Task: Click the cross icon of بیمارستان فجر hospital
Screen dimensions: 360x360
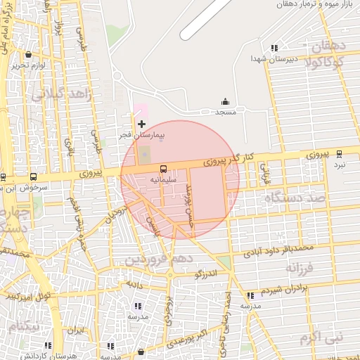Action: coord(141,124)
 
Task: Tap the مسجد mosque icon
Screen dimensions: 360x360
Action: coord(225,102)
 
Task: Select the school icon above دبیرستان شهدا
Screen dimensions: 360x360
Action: coord(274,48)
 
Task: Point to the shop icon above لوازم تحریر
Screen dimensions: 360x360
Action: coord(28,55)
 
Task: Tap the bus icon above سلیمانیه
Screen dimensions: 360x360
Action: coord(163,169)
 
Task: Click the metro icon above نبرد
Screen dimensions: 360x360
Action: coord(340,154)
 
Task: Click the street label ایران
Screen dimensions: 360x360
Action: coord(75,329)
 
